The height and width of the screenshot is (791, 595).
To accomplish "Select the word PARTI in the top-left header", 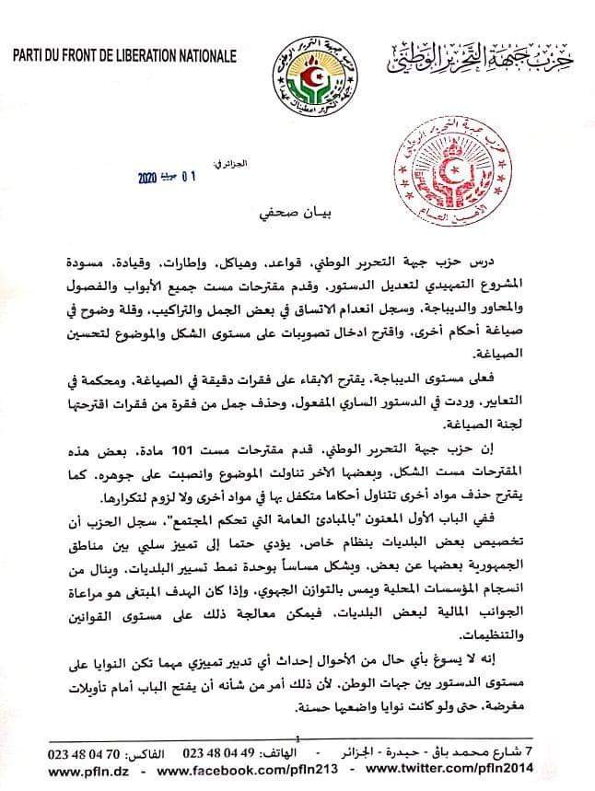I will click(32, 56).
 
